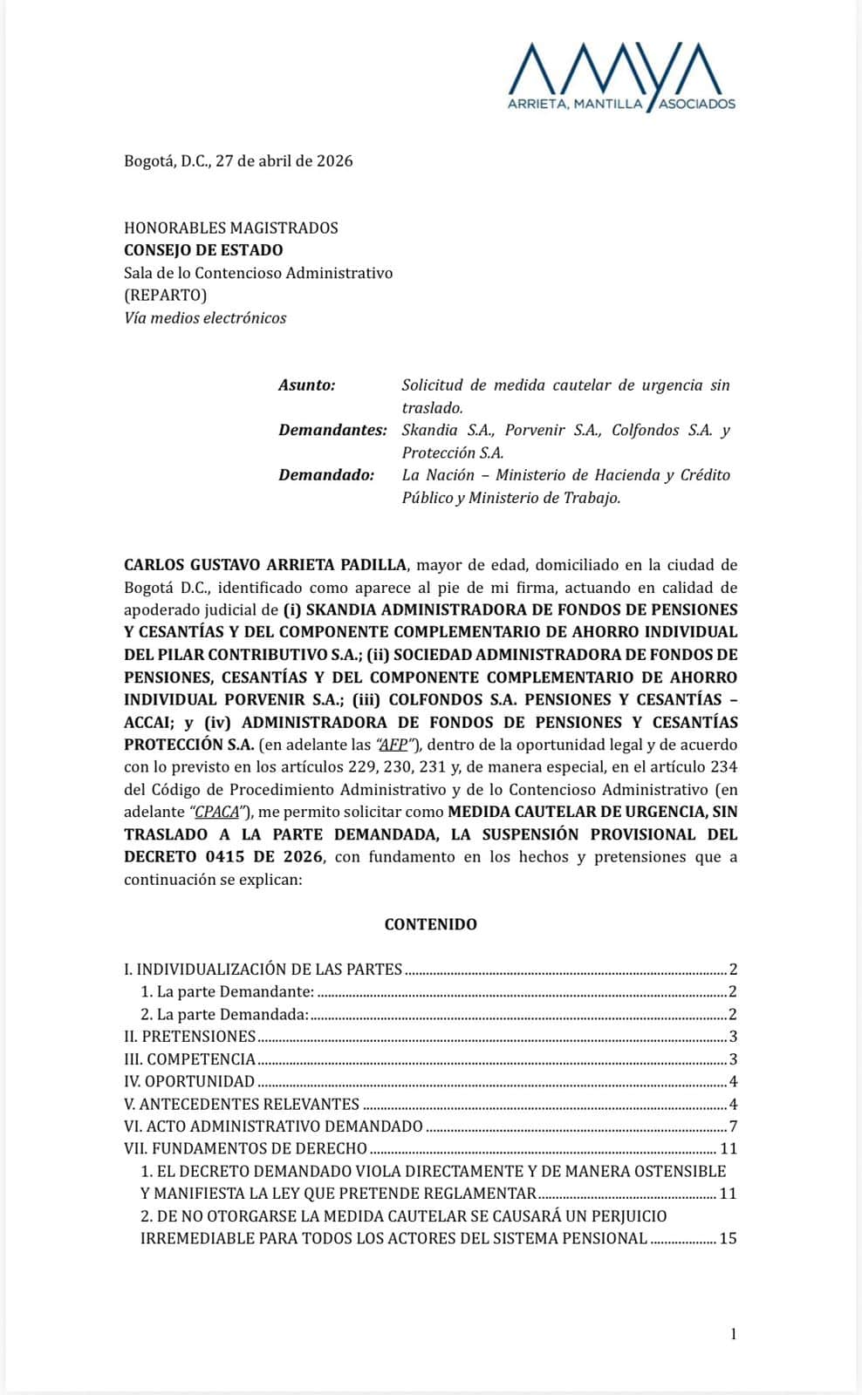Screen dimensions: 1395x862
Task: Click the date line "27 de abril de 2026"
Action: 284,160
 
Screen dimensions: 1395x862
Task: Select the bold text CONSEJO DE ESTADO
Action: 203,250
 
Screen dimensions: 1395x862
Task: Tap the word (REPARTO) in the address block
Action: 166,295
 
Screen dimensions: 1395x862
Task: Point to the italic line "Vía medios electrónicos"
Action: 205,317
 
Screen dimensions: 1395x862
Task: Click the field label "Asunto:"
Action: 307,384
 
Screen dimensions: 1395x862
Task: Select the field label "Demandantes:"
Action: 332,430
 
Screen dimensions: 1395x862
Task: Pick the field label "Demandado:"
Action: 326,475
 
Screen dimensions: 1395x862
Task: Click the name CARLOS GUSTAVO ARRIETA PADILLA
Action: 265,564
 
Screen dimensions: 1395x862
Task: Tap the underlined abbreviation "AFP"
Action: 394,745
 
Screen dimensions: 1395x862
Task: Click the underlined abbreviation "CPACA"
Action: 216,812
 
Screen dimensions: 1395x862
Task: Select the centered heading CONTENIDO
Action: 431,924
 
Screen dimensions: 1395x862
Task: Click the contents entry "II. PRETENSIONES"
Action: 190,1036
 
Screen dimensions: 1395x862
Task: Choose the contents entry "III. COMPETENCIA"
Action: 190,1058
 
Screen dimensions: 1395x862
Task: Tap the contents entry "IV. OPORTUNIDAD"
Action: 189,1081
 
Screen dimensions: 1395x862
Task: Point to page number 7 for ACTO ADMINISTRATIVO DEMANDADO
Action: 733,1126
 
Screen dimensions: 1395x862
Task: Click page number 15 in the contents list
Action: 728,1238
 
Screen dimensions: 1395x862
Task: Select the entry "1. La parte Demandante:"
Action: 227,991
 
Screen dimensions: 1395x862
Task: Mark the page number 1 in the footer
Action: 733,1333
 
